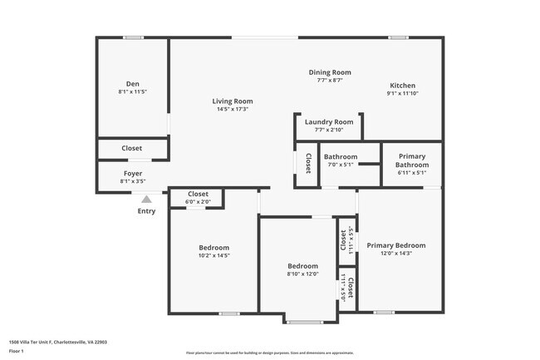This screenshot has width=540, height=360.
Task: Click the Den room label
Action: tap(133, 83)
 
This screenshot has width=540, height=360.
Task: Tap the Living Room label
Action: tap(232, 101)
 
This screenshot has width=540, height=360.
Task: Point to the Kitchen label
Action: tap(403, 86)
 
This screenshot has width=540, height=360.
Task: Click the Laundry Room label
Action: tap(329, 121)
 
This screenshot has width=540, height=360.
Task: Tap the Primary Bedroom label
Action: tap(396, 245)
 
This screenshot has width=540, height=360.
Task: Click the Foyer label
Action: tap(133, 173)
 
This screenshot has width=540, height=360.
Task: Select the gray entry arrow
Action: tap(146, 199)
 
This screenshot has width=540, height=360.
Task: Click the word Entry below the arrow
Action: tap(146, 211)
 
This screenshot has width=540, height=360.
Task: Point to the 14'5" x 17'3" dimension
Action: tap(232, 109)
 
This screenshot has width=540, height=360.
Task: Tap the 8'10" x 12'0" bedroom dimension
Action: tap(302, 274)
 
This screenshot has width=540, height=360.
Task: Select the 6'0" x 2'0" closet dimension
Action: tap(198, 201)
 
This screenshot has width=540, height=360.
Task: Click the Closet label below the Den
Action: tap(132, 149)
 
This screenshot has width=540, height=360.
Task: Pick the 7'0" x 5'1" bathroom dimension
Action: tap(340, 165)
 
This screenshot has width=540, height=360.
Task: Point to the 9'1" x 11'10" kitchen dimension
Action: tap(403, 93)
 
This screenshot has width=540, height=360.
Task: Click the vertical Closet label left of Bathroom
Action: tap(307, 162)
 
